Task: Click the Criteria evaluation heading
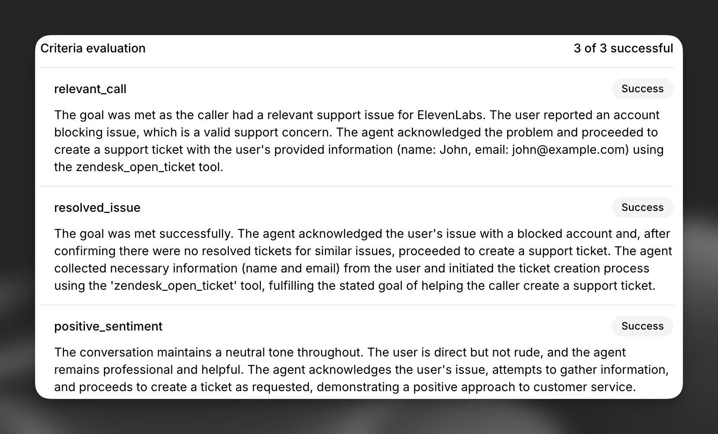click(x=93, y=48)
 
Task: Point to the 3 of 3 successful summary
click(x=623, y=48)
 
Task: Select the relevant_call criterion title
click(x=90, y=89)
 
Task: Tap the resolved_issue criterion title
click(x=97, y=207)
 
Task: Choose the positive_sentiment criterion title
click(x=108, y=326)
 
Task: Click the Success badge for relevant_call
click(x=642, y=89)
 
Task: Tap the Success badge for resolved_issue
click(x=642, y=207)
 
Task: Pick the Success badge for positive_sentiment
click(x=642, y=326)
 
